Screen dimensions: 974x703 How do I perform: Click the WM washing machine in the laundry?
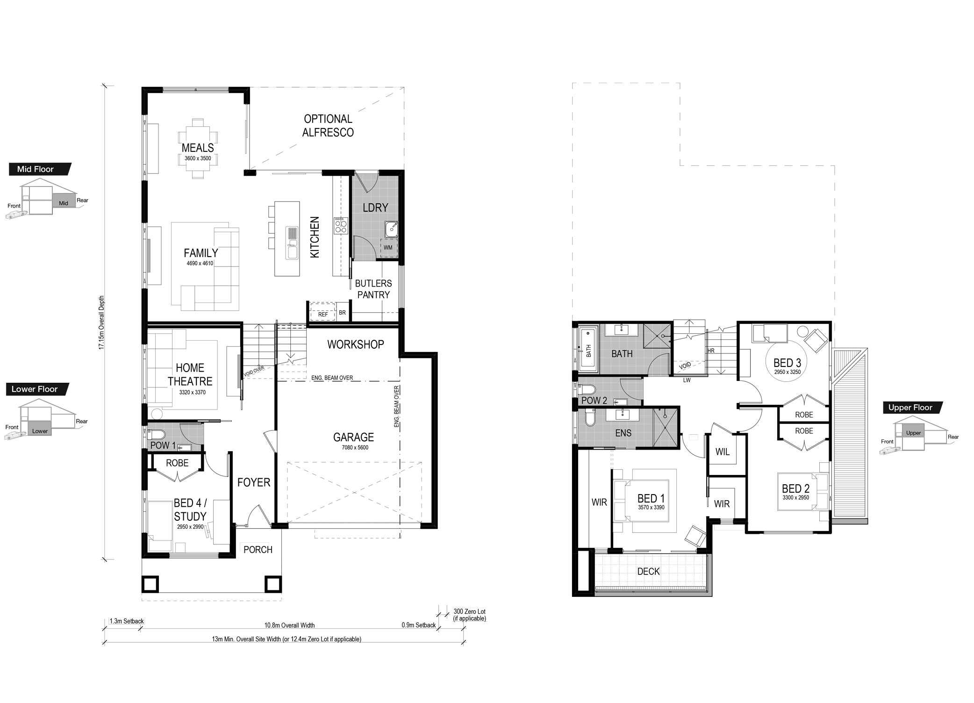click(388, 247)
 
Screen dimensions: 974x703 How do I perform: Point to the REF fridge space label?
click(323, 315)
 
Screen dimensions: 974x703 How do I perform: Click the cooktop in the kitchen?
click(341, 226)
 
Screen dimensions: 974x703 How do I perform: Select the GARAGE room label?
click(353, 437)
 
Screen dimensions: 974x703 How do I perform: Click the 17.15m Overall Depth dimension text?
click(101, 323)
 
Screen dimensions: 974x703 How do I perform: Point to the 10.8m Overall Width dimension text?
click(289, 625)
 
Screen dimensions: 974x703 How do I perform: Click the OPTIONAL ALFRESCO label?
click(328, 126)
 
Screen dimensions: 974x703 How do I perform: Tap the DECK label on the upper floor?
click(648, 571)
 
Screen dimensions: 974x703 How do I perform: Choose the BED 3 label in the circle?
click(787, 363)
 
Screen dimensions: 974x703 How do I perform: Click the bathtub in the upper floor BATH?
click(588, 351)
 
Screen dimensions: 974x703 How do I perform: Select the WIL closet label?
click(723, 452)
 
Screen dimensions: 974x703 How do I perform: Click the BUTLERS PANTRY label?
click(373, 289)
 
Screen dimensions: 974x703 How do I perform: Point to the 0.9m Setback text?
click(418, 625)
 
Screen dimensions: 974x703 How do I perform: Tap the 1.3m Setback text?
click(127, 621)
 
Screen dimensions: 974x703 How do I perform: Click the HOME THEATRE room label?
click(190, 374)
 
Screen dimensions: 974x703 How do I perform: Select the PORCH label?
click(258, 550)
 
